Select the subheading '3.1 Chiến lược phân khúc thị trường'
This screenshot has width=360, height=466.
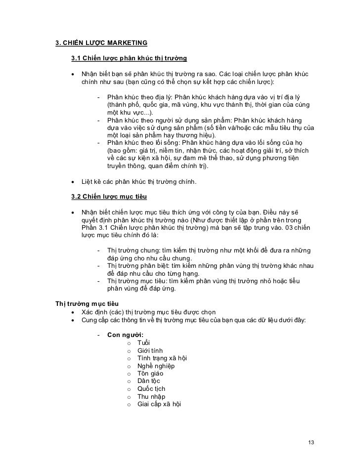129,59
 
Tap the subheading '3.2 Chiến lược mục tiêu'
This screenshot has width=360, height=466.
109,197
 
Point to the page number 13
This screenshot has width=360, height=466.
311,441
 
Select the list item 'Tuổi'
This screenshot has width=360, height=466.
143,343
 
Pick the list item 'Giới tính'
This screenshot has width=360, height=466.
150,351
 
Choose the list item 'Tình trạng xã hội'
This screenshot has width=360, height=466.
162,358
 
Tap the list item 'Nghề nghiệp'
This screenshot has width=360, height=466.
156,366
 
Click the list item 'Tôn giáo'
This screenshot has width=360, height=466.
150,374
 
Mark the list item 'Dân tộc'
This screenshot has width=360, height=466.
149,381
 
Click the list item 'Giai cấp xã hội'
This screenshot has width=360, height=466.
159,404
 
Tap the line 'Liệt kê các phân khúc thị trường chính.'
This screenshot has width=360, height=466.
139,182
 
